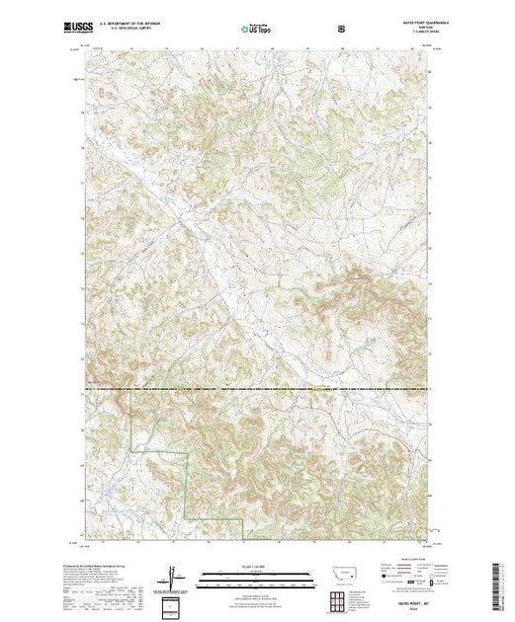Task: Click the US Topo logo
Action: [257, 30]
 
